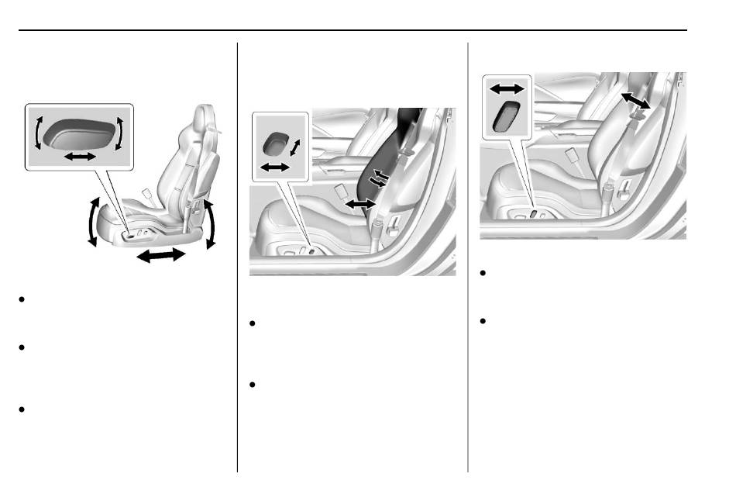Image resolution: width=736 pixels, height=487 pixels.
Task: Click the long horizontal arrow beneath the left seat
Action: [x=162, y=257]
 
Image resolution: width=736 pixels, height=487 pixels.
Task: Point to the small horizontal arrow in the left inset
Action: [x=80, y=157]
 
